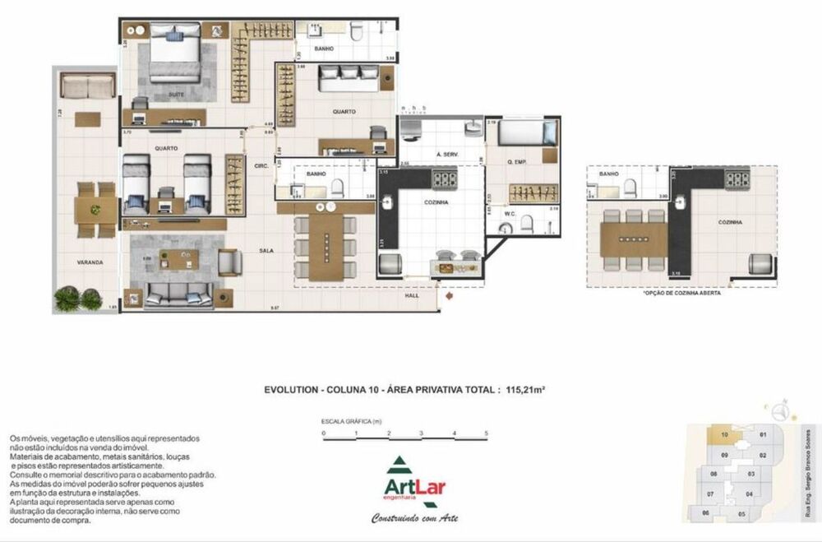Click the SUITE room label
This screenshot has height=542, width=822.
pos(176,95)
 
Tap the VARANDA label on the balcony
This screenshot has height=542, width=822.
pos(89,262)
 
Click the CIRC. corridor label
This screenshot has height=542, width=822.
pos(262,166)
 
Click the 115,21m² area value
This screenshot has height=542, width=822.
pos(526,391)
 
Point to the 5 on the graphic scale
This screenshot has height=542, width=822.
pos(487,433)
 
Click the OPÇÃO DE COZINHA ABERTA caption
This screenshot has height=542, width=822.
pos(671,293)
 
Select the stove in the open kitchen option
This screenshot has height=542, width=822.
pos(737,178)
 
